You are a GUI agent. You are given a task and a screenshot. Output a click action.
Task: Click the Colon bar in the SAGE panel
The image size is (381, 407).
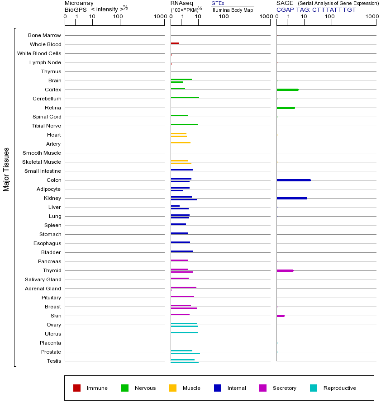click(x=293, y=180)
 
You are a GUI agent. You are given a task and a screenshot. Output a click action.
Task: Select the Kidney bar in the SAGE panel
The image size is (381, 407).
click(x=291, y=198)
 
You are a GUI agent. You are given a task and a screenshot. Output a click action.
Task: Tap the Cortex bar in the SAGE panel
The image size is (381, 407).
click(x=287, y=90)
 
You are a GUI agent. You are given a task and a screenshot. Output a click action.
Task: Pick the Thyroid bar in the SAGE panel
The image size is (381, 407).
click(x=285, y=270)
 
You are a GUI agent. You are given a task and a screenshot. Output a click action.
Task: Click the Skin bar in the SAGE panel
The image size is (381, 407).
click(x=280, y=316)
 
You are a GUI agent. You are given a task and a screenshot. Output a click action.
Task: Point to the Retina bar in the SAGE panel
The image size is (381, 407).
click(x=286, y=108)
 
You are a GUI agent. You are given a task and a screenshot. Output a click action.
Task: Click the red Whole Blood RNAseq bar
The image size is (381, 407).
click(x=175, y=43)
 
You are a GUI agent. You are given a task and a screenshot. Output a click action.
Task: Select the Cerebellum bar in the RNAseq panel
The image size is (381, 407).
click(x=185, y=97)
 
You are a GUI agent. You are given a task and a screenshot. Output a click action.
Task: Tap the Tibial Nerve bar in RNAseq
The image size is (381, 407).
click(x=184, y=124)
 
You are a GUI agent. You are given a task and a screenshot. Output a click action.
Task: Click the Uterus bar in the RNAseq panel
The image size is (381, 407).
click(x=184, y=332)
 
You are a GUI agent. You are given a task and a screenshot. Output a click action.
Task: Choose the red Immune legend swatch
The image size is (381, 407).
click(x=77, y=388)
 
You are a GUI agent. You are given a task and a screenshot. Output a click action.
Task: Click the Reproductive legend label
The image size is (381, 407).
click(x=339, y=388)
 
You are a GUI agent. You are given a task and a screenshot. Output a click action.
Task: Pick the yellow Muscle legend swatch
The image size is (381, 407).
click(x=173, y=388)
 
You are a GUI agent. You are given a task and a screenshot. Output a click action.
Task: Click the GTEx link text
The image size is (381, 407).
click(x=218, y=3)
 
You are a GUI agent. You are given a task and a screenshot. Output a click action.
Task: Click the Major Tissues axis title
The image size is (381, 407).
click(x=6, y=169)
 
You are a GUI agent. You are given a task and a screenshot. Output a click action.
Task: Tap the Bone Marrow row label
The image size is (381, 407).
click(x=44, y=35)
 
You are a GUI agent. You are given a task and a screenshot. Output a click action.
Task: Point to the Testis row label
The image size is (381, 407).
click(x=54, y=361)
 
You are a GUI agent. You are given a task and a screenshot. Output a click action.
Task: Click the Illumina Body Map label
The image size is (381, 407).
click(x=232, y=9)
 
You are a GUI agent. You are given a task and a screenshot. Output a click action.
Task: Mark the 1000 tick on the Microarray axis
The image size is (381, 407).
click(x=159, y=16)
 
